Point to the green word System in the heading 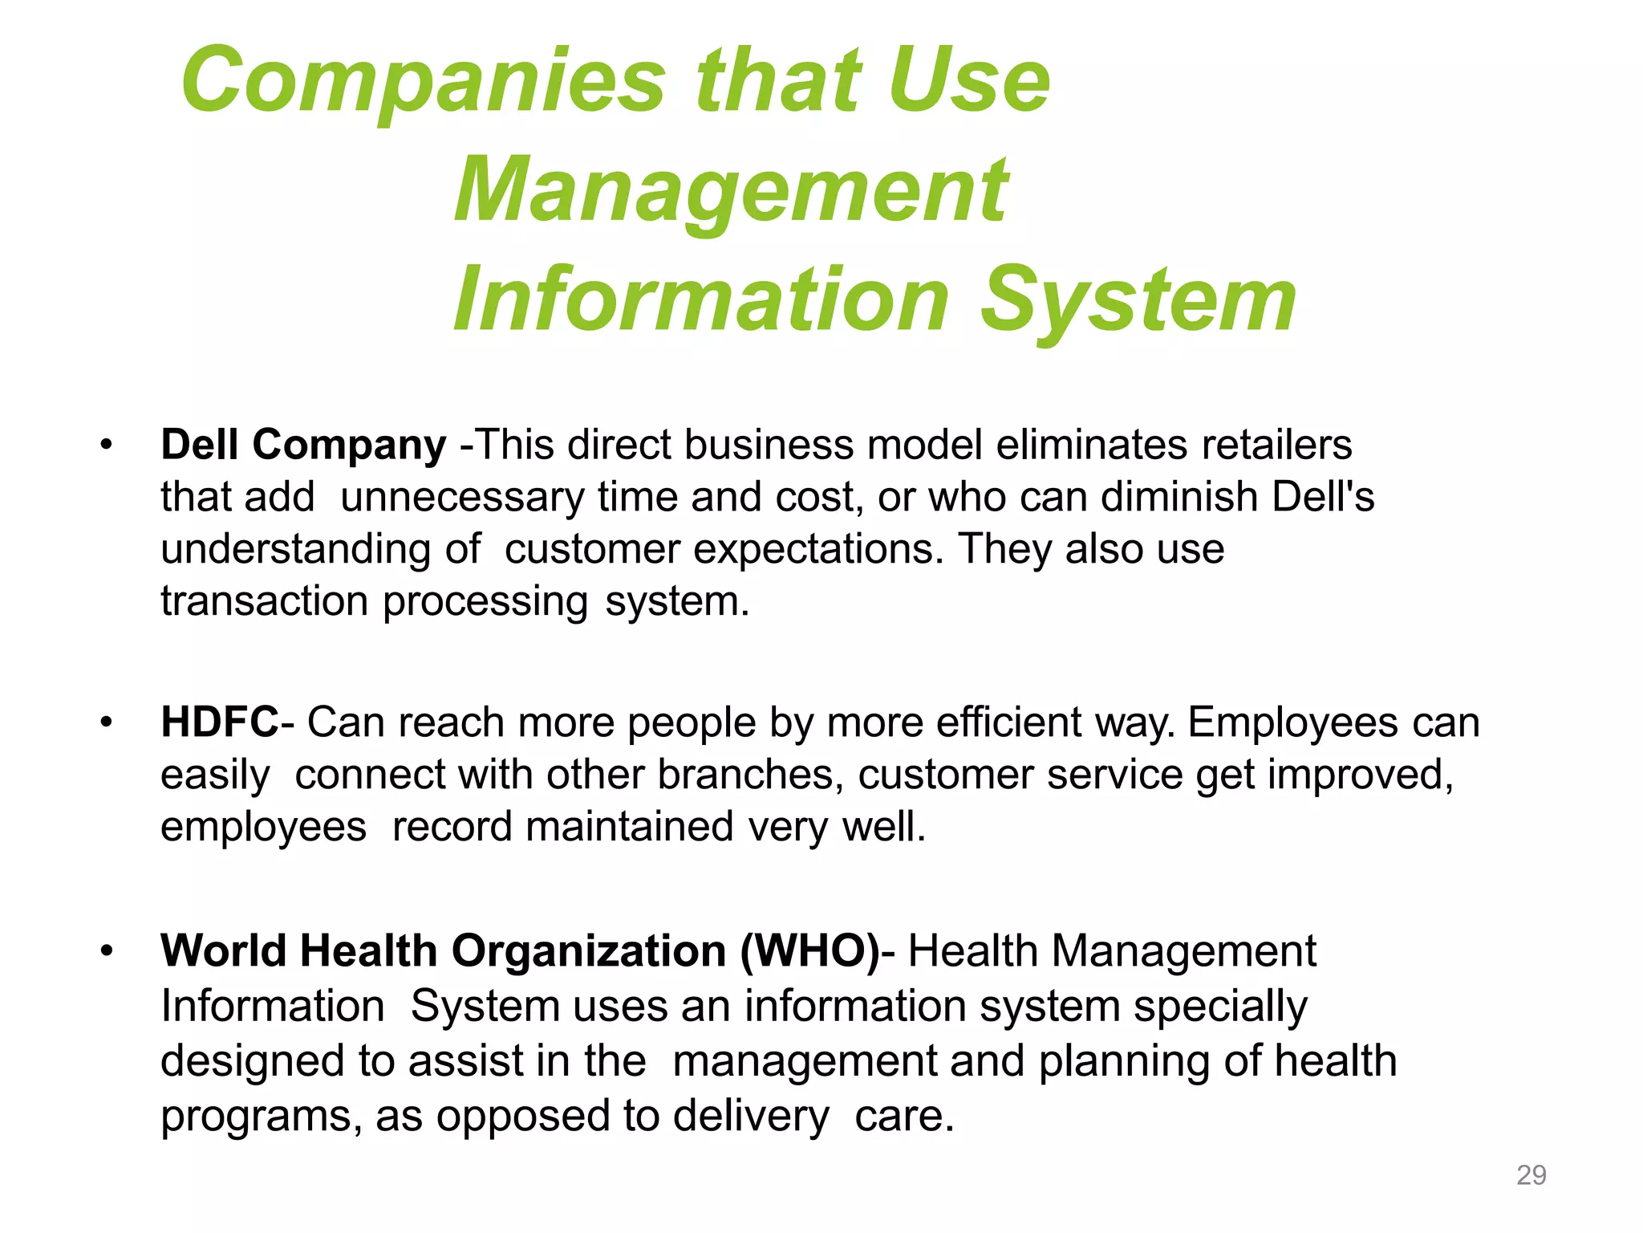point(1138,302)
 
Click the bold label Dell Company point(303,445)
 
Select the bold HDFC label point(219,722)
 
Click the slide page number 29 point(1531,1175)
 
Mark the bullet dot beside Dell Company point(106,445)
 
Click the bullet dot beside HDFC point(106,722)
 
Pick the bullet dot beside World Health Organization point(106,951)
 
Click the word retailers point(1276,445)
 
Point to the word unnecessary point(462,498)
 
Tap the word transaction point(265,602)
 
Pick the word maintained point(630,828)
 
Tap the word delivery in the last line point(751,1117)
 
